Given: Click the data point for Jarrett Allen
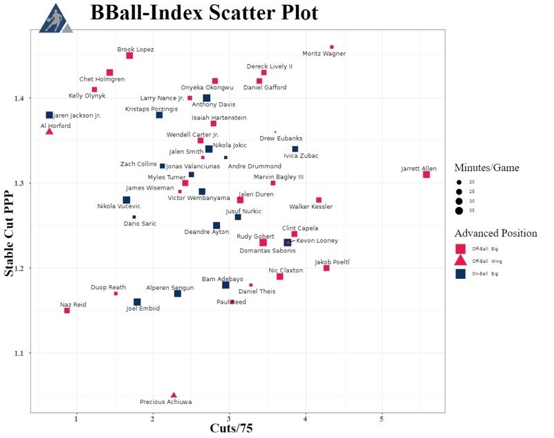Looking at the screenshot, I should [427, 174].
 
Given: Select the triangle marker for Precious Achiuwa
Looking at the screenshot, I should [174, 394].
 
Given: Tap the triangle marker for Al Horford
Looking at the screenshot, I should [49, 131].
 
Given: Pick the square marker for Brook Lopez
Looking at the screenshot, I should [129, 55].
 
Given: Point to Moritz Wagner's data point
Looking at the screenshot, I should [332, 47].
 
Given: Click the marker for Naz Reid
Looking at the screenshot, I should [67, 311].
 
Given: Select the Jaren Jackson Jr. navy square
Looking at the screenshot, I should [50, 115].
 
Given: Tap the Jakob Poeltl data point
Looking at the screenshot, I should [326, 268].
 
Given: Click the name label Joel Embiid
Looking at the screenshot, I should [142, 309].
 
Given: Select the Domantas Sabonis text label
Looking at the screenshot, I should [268, 250].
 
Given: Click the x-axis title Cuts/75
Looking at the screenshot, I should [231, 429].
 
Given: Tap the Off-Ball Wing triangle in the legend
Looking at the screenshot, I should [460, 261].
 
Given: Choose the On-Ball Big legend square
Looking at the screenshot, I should [460, 274].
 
